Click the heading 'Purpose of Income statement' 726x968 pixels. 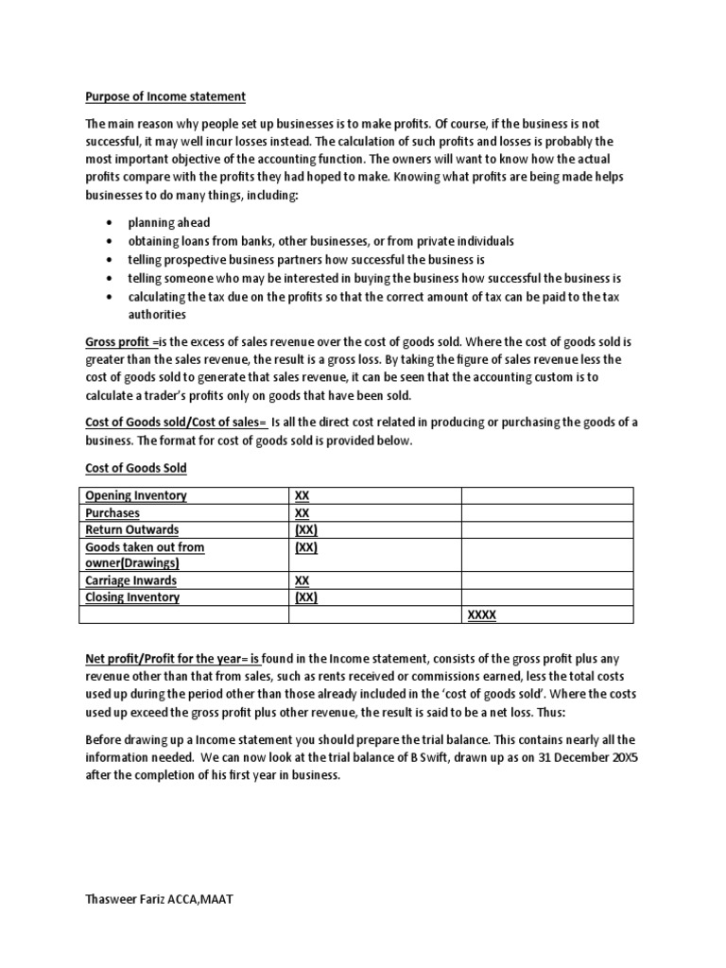click(165, 96)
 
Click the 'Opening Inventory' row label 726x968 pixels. click(136, 496)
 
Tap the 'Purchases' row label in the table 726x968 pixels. click(112, 513)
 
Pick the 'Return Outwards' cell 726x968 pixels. click(131, 530)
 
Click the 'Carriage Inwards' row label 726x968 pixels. click(130, 580)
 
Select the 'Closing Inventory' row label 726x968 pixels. click(132, 597)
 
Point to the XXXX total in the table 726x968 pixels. click(482, 615)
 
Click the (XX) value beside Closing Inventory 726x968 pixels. click(306, 597)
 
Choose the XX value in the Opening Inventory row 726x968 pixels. click(302, 496)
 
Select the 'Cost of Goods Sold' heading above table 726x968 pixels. click(136, 468)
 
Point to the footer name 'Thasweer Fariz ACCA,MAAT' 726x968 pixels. click(159, 900)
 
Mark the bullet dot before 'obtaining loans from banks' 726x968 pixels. click(111, 241)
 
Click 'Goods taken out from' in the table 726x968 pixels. click(145, 547)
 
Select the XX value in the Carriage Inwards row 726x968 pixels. click(302, 580)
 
